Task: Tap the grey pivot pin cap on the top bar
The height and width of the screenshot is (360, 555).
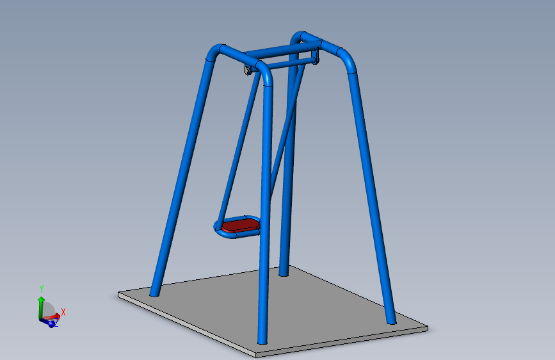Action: [246, 70]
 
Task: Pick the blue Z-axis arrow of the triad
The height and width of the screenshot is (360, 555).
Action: [51, 323]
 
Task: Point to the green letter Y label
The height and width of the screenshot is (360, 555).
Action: [41, 288]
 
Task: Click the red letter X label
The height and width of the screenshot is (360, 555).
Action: [63, 312]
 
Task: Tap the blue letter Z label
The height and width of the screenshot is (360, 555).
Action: [56, 325]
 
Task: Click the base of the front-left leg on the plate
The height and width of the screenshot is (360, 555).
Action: [155, 292]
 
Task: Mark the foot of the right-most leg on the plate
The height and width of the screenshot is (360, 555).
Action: [390, 320]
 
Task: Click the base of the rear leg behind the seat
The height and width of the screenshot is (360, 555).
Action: [283, 272]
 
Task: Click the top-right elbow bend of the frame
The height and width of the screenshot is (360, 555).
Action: [346, 60]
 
